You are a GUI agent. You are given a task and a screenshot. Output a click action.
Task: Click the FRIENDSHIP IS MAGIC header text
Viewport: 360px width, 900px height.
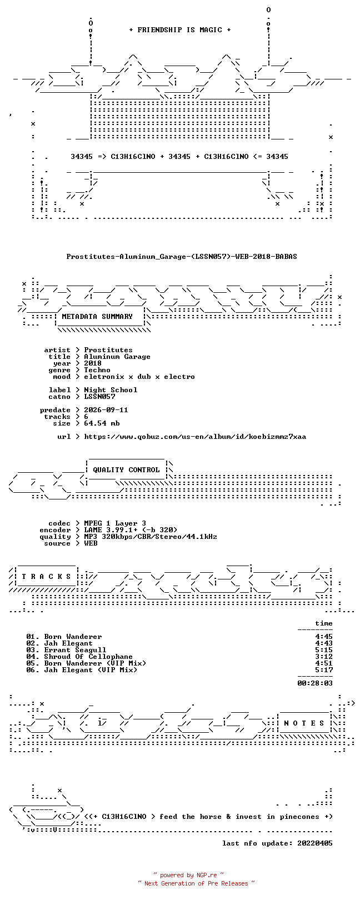180,30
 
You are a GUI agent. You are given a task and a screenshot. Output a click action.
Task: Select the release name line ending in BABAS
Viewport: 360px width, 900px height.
182,256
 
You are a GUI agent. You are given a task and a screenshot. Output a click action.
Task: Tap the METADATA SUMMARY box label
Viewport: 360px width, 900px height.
97,317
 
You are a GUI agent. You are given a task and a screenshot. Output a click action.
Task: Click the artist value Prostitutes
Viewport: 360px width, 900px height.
108,350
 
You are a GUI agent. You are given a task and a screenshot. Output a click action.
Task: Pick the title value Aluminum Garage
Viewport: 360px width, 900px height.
117,357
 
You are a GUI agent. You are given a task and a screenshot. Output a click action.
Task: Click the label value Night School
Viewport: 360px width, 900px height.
111,390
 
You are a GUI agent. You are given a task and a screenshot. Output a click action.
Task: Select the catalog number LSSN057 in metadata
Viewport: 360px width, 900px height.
99,397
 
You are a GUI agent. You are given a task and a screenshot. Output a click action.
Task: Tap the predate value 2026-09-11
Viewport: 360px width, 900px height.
106,410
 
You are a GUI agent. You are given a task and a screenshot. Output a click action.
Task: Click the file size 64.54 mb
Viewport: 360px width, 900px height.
102,423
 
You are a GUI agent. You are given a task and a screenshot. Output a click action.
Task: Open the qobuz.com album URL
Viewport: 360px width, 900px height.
195,437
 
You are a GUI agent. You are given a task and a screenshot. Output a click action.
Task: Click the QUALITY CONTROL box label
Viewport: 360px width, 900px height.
126,470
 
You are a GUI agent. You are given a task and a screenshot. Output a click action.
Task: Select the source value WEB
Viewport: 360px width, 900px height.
91,543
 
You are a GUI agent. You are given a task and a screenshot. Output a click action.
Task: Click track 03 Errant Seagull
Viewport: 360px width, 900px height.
66,650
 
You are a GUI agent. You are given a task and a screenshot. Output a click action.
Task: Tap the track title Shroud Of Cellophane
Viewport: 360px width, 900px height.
88,657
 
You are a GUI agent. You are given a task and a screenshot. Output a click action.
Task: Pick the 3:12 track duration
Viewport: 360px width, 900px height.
324,657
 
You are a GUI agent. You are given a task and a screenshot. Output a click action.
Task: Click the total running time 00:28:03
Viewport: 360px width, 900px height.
315,683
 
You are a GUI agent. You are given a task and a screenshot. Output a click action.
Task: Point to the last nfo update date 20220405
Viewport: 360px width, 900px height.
315,843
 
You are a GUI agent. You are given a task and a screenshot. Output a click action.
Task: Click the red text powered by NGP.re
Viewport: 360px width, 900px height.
188,875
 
